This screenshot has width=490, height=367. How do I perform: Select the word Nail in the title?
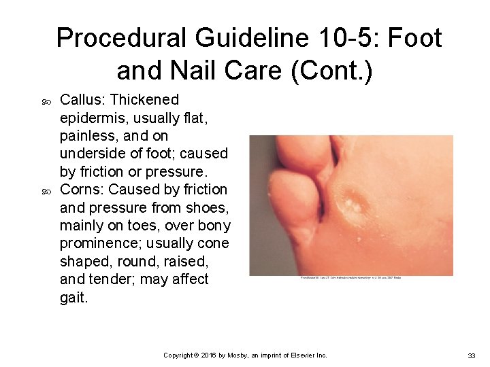[199, 69]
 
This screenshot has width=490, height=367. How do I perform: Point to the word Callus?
[80, 100]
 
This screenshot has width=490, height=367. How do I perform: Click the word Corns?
[80, 189]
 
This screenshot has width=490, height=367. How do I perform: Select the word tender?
[116, 279]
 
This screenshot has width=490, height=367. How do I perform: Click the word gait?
[73, 298]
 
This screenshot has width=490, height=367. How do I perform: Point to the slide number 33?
[470, 355]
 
